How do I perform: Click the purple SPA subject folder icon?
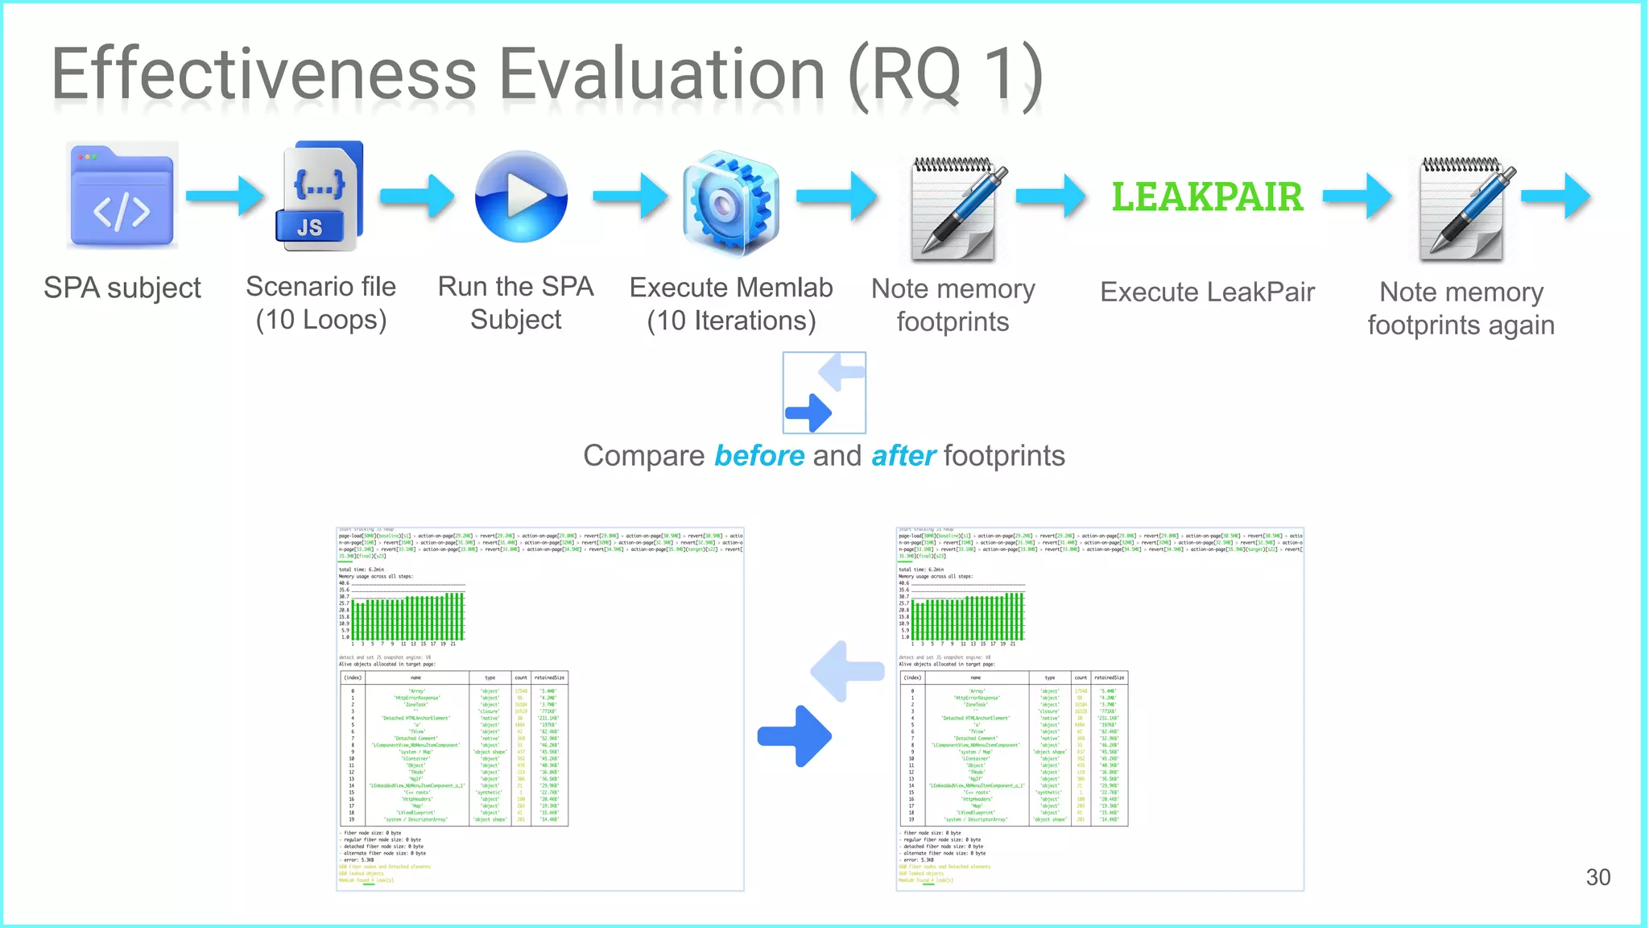point(122,196)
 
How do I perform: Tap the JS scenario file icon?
point(320,196)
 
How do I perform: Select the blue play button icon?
point(521,197)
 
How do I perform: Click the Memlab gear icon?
point(730,202)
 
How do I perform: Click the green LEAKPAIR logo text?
point(1207,197)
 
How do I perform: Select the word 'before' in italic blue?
point(759,456)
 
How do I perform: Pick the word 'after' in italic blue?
point(903,456)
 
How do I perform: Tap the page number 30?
point(1597,877)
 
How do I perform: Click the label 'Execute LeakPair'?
point(1207,292)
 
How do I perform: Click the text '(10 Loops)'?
point(321,320)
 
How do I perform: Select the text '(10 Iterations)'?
point(731,321)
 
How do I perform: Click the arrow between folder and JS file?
point(225,196)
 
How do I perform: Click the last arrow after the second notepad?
point(1556,196)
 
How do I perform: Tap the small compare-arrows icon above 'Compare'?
point(824,392)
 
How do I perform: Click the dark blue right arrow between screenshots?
point(796,735)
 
